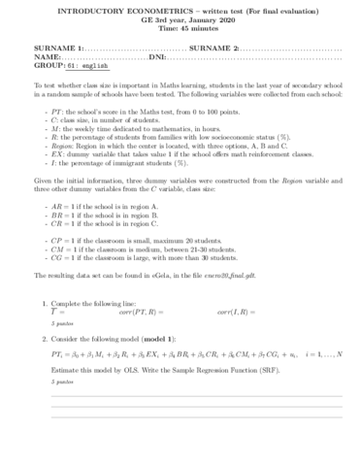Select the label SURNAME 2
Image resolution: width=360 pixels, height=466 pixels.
214,48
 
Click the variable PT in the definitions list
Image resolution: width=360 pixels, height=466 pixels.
51,115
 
